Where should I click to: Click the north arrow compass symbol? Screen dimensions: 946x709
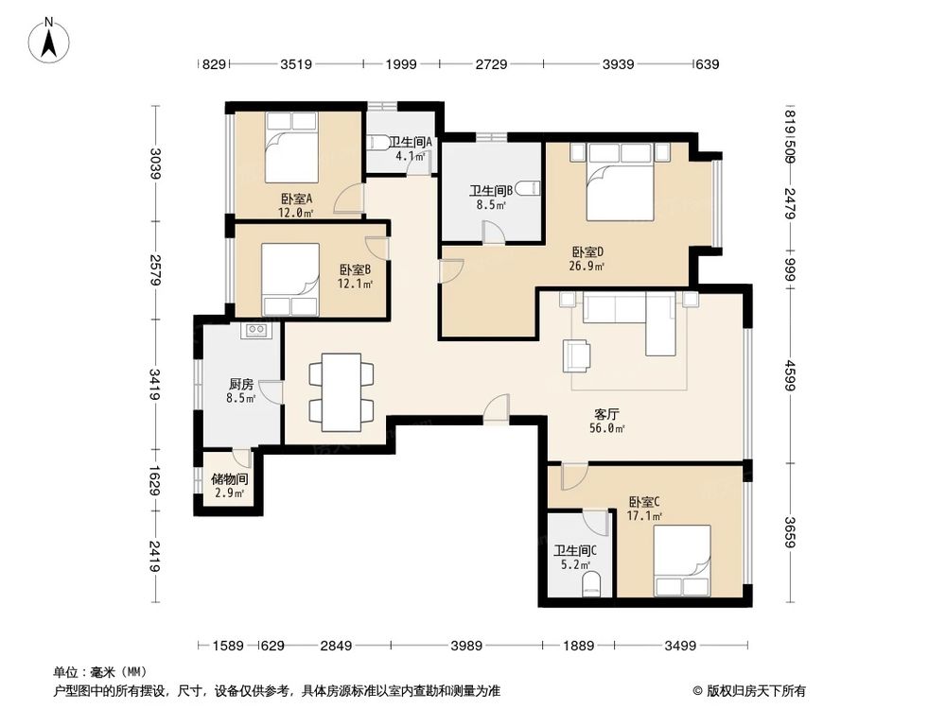pos(49,40)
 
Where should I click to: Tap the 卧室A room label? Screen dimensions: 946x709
pos(296,199)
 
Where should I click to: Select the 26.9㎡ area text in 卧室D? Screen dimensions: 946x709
pos(587,266)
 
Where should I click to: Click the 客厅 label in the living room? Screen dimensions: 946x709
pos(606,414)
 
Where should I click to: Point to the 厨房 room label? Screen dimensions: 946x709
pos(240,384)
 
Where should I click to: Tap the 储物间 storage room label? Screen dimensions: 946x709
pos(229,479)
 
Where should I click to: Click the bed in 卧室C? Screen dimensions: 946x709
pos(682,561)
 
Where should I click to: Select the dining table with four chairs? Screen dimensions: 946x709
pos(342,392)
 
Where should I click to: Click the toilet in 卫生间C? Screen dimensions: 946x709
pos(592,585)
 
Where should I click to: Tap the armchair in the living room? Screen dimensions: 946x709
pos(577,355)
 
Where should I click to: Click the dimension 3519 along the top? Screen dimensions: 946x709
pos(296,64)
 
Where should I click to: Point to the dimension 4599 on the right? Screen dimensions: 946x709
pos(790,375)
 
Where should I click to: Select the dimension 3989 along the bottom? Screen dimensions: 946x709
pos(466,646)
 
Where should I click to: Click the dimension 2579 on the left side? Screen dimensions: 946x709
pos(156,269)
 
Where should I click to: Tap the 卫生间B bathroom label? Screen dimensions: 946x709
pos(491,191)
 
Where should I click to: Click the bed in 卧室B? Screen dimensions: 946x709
pos(290,279)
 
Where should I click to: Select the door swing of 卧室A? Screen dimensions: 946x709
pos(349,198)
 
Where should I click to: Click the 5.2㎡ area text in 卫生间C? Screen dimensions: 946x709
pos(575,565)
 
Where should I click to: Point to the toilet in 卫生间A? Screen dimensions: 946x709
pos(377,143)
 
